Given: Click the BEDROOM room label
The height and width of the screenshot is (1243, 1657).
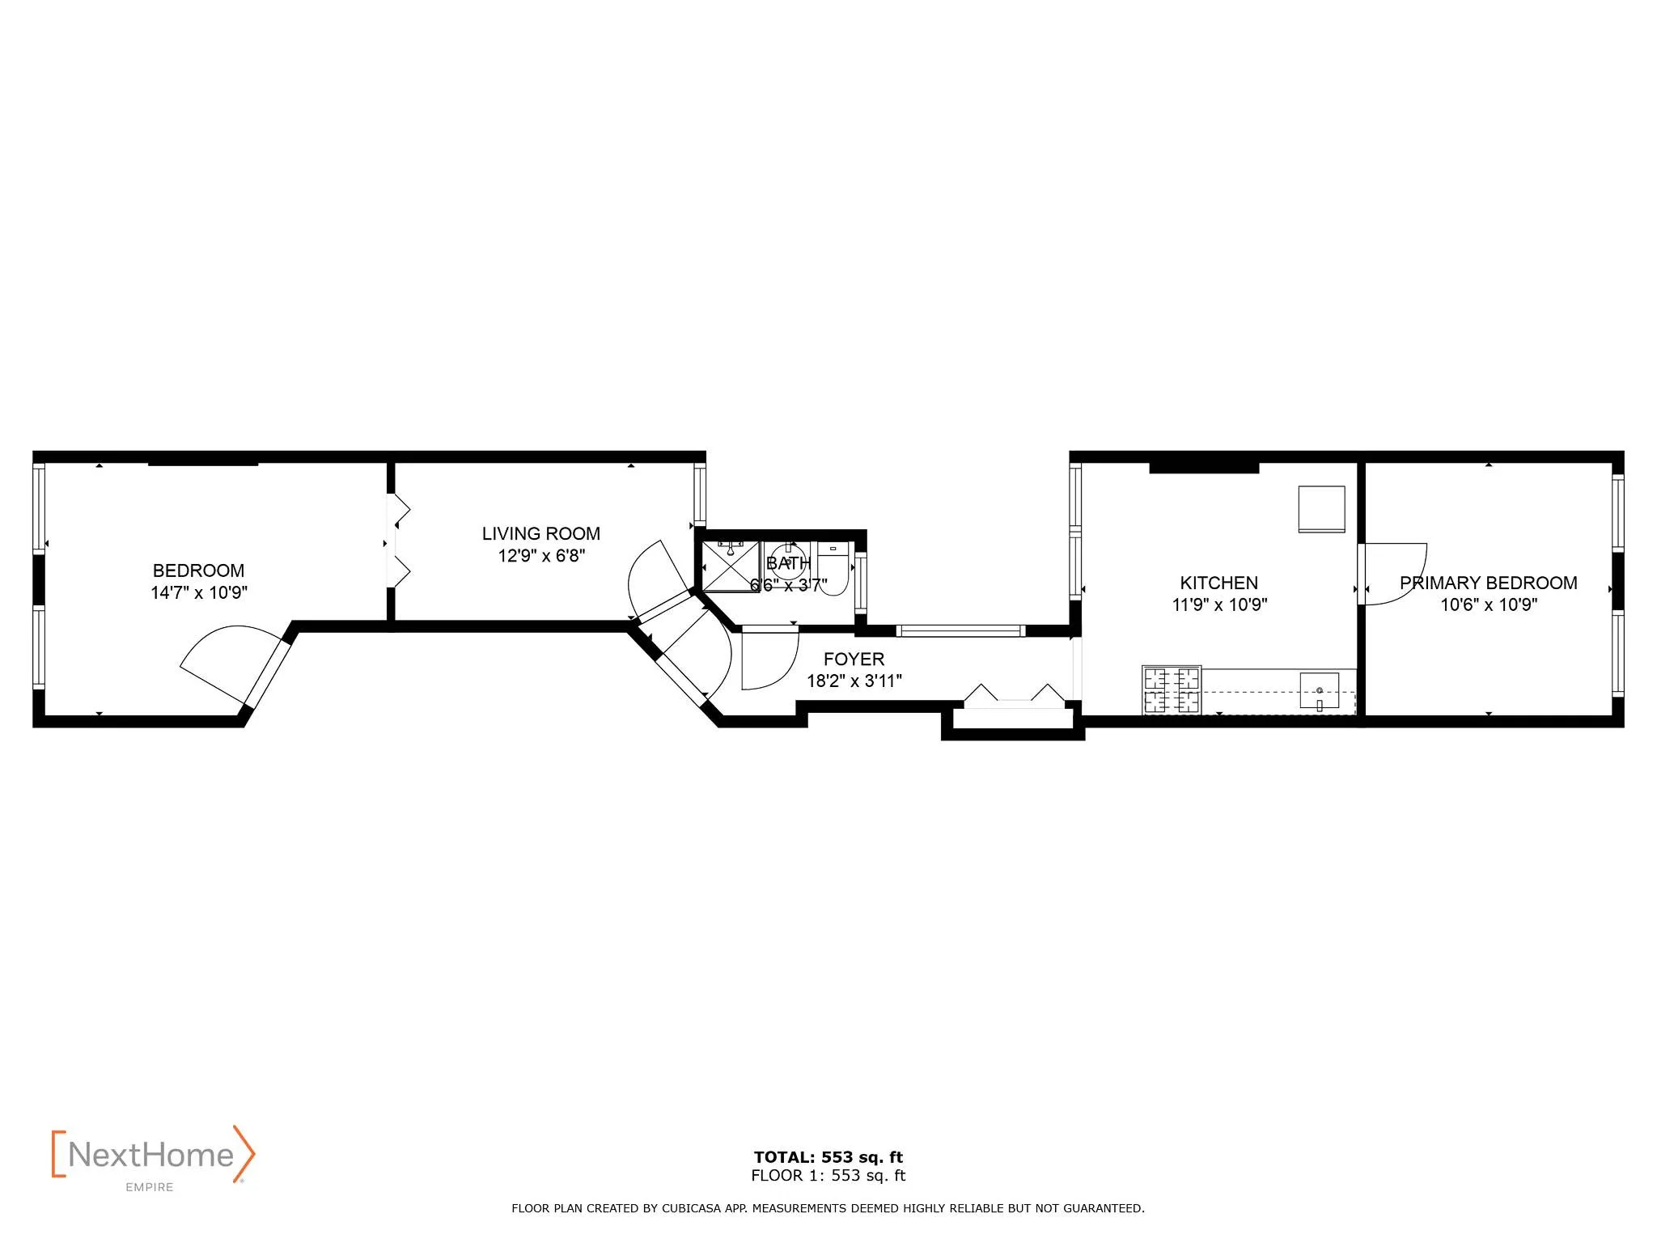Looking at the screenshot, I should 198,571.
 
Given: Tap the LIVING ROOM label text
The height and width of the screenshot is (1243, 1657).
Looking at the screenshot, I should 540,534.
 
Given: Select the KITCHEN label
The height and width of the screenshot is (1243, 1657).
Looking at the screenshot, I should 1218,583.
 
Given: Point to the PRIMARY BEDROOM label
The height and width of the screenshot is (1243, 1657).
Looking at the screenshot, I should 1488,583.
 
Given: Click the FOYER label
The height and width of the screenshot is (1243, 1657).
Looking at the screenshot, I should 854,659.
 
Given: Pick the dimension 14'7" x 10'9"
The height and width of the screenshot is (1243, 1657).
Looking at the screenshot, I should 198,592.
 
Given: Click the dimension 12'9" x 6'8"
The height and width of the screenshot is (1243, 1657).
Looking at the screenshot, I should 540,556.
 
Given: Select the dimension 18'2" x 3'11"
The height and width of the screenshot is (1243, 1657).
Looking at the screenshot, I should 854,681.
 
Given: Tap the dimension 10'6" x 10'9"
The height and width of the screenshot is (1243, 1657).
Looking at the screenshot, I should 1488,605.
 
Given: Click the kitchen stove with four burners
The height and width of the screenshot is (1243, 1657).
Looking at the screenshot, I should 1171,689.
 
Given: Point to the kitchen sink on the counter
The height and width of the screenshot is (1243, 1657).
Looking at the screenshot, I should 1319,690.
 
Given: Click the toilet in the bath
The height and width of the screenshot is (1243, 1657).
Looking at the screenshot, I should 833,570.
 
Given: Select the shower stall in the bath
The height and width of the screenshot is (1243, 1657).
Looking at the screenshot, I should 729,566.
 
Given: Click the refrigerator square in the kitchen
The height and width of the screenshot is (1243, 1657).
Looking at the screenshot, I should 1321,509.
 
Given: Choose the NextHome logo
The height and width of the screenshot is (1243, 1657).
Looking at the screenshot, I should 153,1155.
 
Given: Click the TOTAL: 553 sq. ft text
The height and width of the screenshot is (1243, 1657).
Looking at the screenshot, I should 828,1157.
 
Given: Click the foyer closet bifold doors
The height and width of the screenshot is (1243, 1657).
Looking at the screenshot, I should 1015,695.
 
